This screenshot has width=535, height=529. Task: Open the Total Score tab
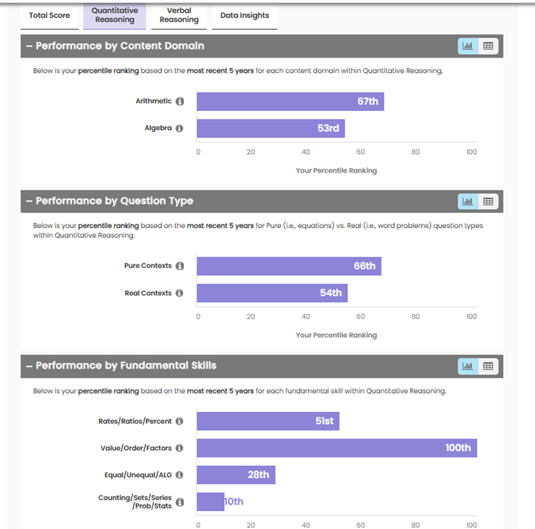pos(50,16)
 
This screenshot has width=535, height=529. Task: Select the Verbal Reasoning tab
pos(179,16)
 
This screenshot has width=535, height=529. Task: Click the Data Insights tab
pos(245,16)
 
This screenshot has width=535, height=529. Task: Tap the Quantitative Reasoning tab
pos(114,16)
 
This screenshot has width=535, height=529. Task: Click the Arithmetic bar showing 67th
pos(290,102)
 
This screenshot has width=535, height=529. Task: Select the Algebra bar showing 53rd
pos(270,128)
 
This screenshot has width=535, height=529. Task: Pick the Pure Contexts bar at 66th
pos(288,266)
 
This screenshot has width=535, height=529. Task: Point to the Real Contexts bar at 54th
pos(272,293)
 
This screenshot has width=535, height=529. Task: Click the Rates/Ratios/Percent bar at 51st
pos(268,421)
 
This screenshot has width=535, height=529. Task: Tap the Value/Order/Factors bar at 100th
pos(337,448)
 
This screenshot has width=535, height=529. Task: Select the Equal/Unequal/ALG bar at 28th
pos(235,475)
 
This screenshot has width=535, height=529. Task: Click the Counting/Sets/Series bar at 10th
pos(211,502)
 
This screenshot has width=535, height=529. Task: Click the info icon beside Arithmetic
pos(180,102)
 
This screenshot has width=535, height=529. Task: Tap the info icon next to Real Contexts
pos(180,293)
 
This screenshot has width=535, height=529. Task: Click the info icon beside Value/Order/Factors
pos(180,448)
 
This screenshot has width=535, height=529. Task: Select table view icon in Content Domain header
pos(488,46)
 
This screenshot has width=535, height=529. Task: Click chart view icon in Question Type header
pos(468,201)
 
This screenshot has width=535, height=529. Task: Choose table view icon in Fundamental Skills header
pos(488,366)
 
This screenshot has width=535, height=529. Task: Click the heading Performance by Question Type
pos(114,201)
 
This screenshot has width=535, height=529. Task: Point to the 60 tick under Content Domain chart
pos(360,152)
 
